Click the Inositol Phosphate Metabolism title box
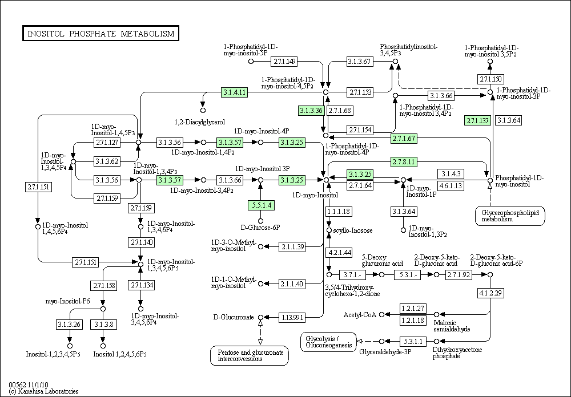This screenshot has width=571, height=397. [x=100, y=34]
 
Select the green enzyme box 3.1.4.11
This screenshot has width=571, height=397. [x=235, y=92]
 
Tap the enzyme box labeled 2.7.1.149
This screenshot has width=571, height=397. [x=284, y=62]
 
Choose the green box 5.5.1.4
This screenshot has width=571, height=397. [x=261, y=205]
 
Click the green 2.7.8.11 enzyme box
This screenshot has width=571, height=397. [x=404, y=161]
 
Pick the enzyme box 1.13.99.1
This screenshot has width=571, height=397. [x=292, y=318]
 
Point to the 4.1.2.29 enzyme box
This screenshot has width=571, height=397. [x=490, y=293]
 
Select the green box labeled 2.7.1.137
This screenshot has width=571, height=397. [x=477, y=120]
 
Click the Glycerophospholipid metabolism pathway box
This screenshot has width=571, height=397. [x=510, y=216]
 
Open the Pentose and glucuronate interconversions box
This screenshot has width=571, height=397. [x=250, y=355]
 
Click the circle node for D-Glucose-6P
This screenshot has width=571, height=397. [x=261, y=221]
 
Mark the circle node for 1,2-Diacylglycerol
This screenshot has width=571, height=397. [x=203, y=110]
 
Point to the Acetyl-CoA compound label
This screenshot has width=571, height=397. [x=360, y=315]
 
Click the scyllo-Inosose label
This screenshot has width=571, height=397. [x=353, y=230]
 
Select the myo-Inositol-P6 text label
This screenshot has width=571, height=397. [x=68, y=301]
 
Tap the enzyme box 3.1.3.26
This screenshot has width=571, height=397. [x=69, y=324]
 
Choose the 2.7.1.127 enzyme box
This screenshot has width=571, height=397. [x=107, y=142]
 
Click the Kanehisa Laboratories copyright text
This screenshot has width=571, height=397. [x=43, y=391]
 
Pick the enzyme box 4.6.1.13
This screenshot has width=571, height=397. [x=451, y=185]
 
